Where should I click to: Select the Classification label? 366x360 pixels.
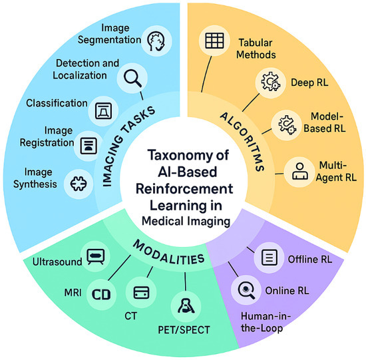pos(57,104)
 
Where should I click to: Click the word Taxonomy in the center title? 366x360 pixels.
pos(174,157)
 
